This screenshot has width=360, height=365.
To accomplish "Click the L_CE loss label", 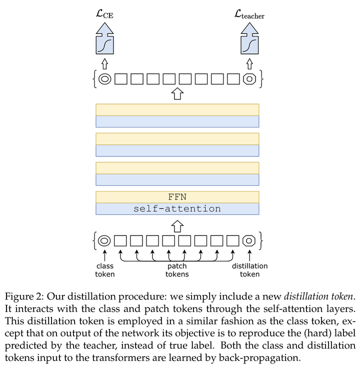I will point(104,15).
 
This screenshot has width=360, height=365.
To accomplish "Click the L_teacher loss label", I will point(249,15).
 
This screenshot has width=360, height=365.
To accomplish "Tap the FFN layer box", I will point(177,196).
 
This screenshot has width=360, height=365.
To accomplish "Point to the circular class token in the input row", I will point(105,241).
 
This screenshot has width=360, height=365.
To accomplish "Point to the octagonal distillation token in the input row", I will point(249,241).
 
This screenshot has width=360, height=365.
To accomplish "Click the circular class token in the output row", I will point(105,79).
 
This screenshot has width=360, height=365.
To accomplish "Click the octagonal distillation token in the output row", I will point(249,79).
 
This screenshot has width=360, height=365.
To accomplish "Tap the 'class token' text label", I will point(105,270).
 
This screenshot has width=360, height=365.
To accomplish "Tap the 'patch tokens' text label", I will point(177,270).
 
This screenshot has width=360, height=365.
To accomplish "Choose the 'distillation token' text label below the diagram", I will point(249,270).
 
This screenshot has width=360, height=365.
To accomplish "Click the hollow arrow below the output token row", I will point(177,93).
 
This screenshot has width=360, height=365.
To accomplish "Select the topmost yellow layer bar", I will point(177,109).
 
